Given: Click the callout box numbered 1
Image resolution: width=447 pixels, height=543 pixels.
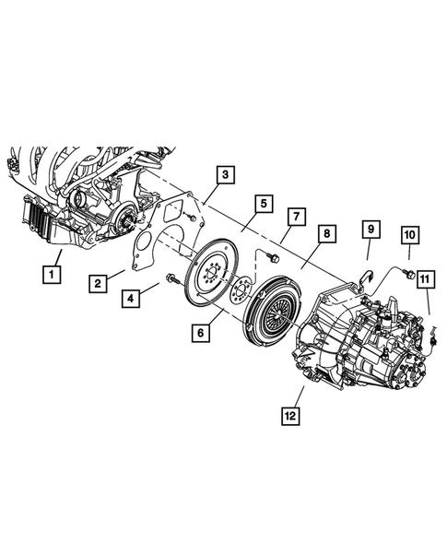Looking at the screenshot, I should (52, 272).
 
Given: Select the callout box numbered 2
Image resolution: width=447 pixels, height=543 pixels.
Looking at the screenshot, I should (99, 283).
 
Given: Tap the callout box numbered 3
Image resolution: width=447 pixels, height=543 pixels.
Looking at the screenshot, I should (224, 172).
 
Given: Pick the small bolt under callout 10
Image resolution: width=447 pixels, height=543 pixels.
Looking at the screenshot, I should (406, 269).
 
